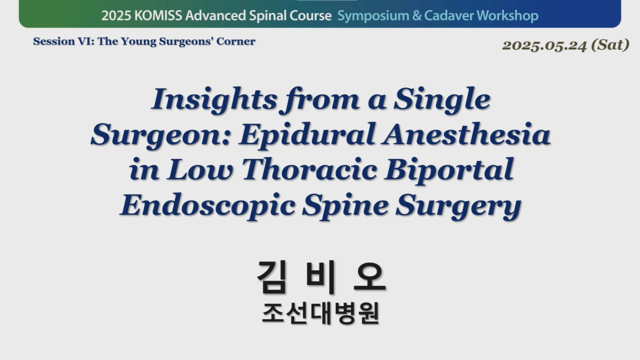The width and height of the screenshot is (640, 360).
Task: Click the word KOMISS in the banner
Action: coord(158,15)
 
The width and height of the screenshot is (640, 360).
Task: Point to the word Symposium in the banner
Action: coord(373,16)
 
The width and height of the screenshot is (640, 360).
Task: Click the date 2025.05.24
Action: coord(544,45)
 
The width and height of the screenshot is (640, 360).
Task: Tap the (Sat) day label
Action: coord(610,45)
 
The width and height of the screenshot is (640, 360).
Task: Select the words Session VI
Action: coord(63,41)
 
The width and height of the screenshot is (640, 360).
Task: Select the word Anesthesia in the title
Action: coord(467,135)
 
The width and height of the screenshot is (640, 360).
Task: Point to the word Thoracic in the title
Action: coord(309,170)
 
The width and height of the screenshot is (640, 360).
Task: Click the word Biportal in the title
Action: coord(449,170)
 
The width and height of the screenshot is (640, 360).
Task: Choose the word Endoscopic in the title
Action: coord(207,205)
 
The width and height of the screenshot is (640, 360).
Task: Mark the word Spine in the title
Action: coord(345,205)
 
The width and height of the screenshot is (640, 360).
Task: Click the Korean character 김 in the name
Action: coord(271,277)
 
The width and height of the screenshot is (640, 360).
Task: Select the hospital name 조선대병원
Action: coord(320,313)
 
